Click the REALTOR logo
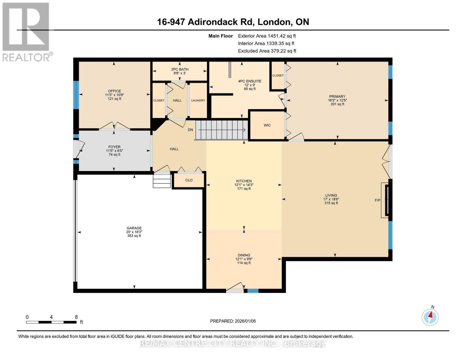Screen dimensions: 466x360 26,32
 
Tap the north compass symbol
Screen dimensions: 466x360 430,317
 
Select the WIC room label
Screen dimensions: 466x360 267,125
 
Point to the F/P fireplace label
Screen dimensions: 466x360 377,200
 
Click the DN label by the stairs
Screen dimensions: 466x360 191,130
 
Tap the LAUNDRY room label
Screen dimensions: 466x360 198,100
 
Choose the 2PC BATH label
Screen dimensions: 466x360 180,69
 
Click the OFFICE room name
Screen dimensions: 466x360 115,91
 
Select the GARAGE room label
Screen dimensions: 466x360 134,228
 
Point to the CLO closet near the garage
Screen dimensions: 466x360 189,180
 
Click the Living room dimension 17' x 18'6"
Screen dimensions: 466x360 331,199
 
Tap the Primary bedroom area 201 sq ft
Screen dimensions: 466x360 337,104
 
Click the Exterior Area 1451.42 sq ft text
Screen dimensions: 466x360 267,36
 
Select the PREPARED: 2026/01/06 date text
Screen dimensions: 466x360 233,321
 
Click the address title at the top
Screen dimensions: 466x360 233,22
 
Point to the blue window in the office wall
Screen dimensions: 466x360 76,95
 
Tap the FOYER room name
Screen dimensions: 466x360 114,147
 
